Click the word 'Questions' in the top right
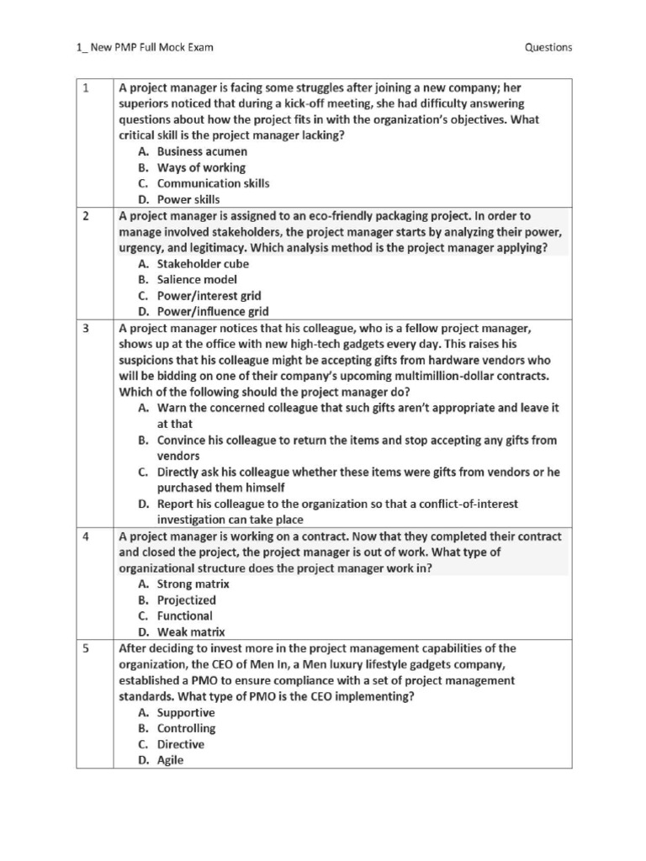click(548, 47)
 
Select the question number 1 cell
click(94, 143)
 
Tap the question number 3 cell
click(94, 424)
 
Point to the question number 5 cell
click(94, 705)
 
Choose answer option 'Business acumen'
click(202, 151)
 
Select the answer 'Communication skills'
click(213, 183)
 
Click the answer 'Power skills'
click(188, 199)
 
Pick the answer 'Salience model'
click(197, 279)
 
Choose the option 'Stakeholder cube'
click(203, 263)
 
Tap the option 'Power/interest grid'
click(209, 295)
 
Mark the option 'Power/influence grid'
click(213, 311)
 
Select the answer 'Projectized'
click(187, 600)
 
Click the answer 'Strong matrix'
click(193, 584)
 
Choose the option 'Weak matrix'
click(191, 631)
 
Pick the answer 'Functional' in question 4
click(185, 615)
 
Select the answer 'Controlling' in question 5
click(187, 728)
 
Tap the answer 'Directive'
click(181, 744)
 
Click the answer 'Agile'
click(170, 760)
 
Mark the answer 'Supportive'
click(186, 712)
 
